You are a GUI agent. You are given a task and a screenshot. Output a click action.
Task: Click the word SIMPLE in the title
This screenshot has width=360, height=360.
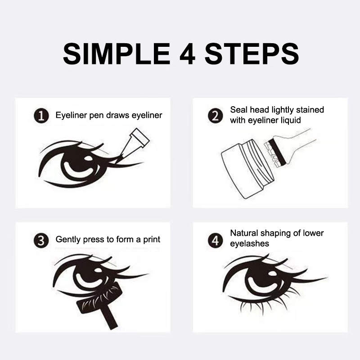117,54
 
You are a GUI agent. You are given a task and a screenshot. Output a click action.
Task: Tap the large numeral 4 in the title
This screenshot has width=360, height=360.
187,54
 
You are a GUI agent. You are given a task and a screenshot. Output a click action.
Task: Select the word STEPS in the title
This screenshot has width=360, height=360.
252,54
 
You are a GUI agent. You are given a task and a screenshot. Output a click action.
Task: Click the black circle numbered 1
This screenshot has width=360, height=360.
41,116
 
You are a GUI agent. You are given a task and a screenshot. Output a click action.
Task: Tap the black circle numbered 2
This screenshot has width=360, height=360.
216,116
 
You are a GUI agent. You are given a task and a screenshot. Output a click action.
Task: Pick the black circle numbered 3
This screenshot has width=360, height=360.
41,241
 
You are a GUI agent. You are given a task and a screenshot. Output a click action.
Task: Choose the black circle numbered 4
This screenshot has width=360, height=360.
216,241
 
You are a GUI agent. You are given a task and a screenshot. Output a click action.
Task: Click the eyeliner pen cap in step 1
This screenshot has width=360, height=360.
139,137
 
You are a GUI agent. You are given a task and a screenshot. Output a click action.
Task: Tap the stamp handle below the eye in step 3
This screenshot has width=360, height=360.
110,317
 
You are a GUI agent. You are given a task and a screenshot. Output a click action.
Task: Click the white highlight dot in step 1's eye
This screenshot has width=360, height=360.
88,158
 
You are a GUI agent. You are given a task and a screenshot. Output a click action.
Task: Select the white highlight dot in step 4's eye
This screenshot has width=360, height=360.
273,274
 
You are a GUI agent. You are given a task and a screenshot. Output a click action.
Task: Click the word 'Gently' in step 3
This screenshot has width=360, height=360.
68,240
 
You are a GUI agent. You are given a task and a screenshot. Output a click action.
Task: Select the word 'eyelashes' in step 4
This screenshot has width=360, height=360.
250,244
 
